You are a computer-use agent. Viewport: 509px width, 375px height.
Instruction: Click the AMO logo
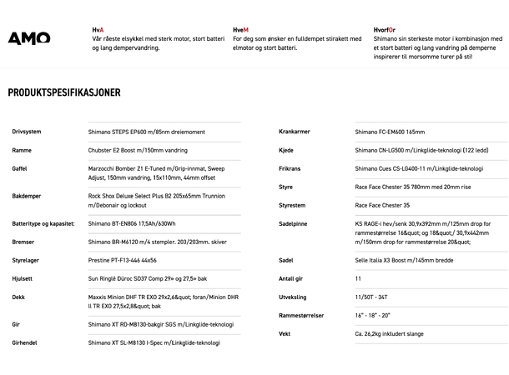point(29,38)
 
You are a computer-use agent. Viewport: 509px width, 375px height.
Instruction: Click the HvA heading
point(98,29)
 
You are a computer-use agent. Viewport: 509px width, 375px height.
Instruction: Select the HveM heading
point(241,29)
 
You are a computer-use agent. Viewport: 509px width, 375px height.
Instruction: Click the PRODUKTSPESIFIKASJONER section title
point(64,92)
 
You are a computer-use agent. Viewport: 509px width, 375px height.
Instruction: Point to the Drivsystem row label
point(27,132)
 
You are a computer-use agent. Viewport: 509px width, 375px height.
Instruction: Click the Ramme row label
point(22,151)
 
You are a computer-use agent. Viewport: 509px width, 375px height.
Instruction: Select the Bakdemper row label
point(27,197)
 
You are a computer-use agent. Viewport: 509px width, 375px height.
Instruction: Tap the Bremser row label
point(23,242)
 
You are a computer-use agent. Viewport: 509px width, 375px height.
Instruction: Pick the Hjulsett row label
point(23,278)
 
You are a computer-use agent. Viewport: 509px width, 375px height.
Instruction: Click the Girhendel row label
point(25,342)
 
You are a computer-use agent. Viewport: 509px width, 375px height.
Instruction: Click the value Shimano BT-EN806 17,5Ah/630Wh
point(132,223)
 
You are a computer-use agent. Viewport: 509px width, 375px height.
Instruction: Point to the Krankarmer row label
point(296,132)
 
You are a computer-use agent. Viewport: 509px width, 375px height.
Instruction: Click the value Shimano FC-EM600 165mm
point(390,132)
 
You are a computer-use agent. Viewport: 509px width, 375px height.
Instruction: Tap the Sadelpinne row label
point(295,223)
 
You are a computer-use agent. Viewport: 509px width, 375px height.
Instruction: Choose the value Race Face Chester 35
point(382,205)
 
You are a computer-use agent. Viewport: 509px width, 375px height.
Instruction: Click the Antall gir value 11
point(358,278)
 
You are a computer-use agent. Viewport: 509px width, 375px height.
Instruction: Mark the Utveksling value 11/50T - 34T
point(372,297)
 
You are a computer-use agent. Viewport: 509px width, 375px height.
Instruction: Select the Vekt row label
point(285,333)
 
